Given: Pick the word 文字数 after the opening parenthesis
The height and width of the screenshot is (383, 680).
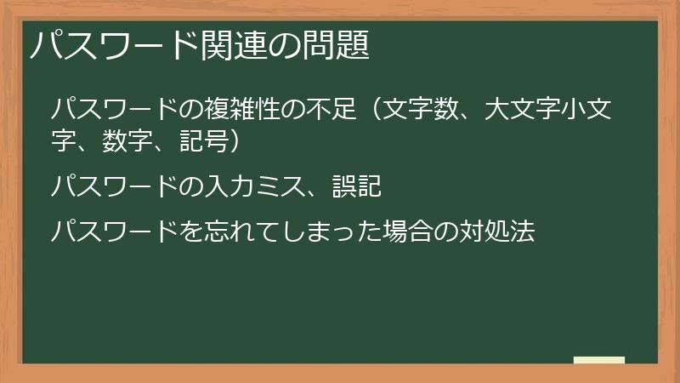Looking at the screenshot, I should click(x=422, y=110).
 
